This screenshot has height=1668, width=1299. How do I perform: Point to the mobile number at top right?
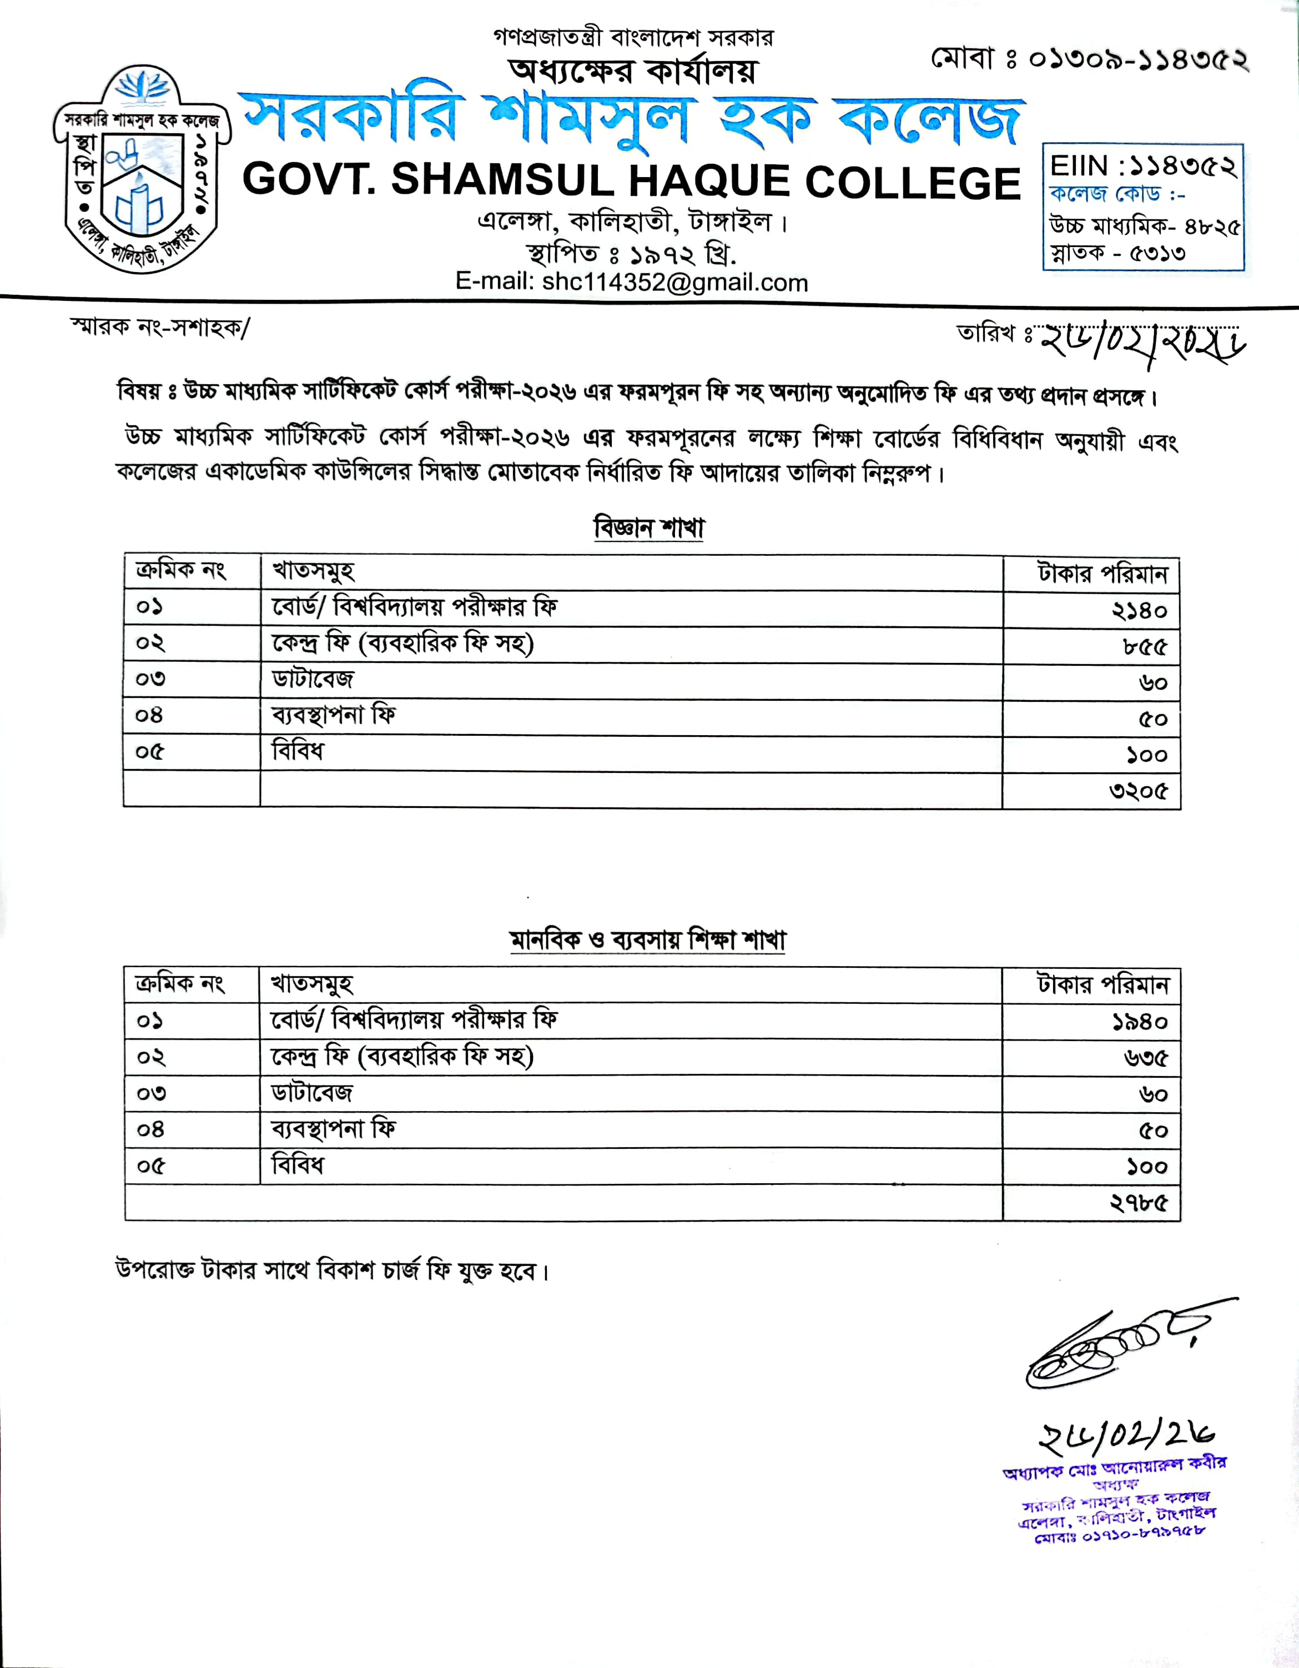click(1090, 59)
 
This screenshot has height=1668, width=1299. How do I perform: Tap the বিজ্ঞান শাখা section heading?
click(648, 527)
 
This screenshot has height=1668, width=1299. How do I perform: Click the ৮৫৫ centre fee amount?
click(1145, 647)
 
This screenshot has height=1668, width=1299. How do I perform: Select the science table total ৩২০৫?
click(1138, 791)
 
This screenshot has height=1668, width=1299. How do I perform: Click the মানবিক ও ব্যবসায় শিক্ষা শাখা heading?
click(648, 940)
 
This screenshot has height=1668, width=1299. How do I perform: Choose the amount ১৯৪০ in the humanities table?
click(1139, 1022)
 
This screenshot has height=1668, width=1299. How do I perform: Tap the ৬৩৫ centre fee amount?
click(1145, 1058)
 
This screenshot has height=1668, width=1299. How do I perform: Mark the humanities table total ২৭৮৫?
click(1138, 1203)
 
